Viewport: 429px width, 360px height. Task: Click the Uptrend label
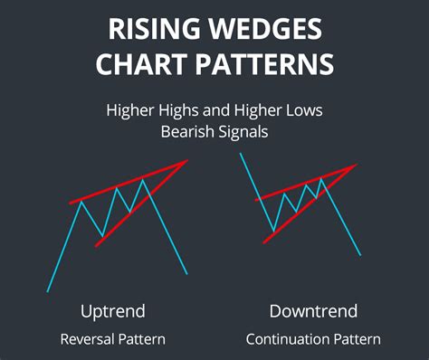113,311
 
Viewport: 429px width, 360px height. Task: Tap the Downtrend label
313,311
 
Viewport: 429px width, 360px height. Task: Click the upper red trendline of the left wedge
127,184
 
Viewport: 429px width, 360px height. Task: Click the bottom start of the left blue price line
47,291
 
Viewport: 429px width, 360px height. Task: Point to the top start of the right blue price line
240,155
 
